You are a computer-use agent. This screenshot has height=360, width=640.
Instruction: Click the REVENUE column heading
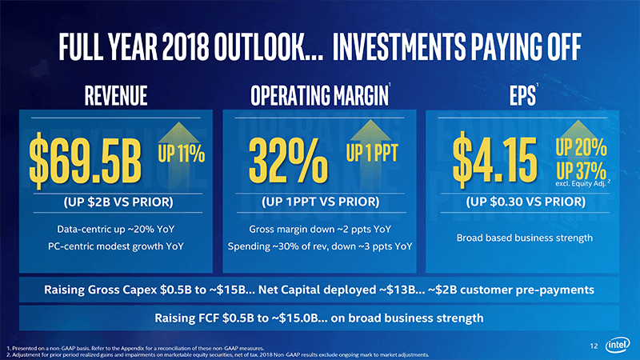(x=110, y=97)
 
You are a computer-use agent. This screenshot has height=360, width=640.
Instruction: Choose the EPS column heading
(x=518, y=97)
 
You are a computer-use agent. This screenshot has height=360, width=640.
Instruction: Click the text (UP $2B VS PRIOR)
(x=118, y=201)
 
